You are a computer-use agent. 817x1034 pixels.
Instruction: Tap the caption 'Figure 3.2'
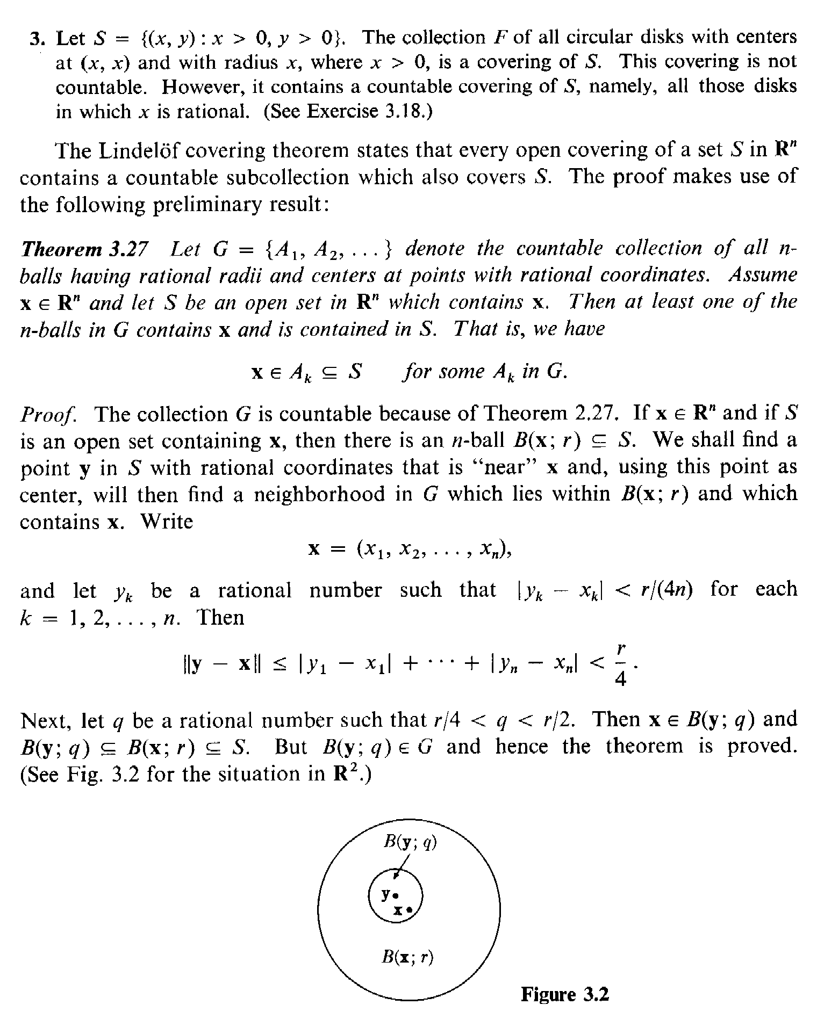coord(565,994)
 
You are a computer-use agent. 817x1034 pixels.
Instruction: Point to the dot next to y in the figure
coord(396,895)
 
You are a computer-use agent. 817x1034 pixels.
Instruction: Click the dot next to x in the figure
coord(409,910)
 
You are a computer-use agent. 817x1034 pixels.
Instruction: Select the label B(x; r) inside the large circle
coord(407,957)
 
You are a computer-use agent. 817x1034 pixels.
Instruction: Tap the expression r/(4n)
coord(666,590)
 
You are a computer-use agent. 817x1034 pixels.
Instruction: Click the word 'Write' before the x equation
coord(166,521)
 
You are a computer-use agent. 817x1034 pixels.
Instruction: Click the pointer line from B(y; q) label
coord(401,866)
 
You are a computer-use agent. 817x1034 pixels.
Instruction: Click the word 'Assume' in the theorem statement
coord(763,276)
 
